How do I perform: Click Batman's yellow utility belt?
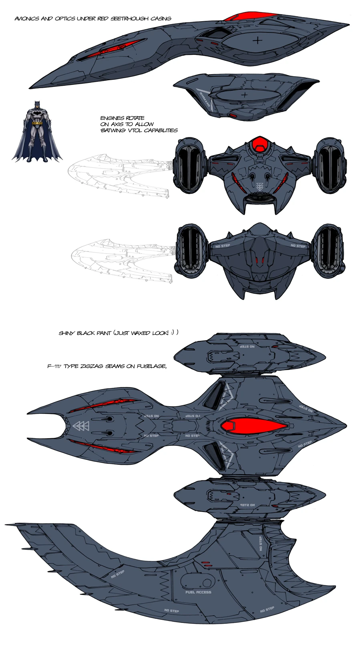(37, 123)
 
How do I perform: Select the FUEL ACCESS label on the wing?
(198, 592)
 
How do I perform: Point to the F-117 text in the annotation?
(54, 366)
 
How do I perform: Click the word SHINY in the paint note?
(66, 333)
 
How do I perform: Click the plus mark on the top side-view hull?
(258, 40)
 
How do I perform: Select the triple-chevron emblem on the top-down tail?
(81, 426)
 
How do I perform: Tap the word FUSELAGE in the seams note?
(152, 366)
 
